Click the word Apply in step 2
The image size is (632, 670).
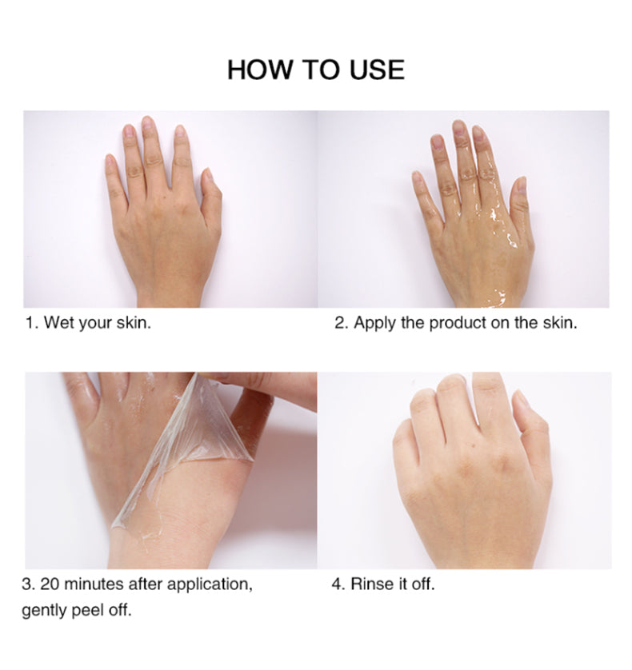[373, 324]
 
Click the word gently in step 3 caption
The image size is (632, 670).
[45, 612]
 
